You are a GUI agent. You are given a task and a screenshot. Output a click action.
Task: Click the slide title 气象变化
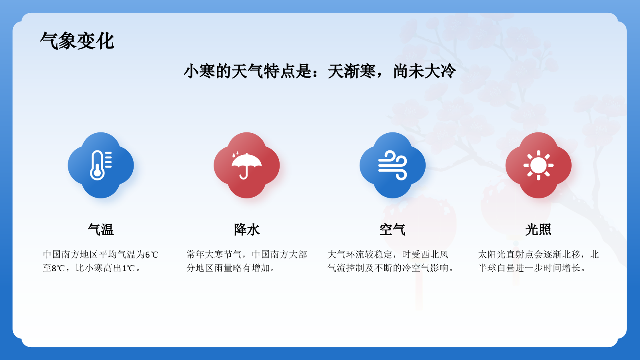tap(77, 41)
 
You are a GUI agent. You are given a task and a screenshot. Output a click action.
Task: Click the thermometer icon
tap(100, 165)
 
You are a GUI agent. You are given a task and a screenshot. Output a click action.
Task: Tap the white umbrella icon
tap(247, 166)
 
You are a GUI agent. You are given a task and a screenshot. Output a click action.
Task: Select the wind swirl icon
tap(392, 165)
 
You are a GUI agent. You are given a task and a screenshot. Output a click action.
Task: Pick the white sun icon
tap(538, 165)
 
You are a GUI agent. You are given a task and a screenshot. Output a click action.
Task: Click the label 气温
tap(101, 230)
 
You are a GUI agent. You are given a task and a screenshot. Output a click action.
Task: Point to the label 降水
tap(247, 230)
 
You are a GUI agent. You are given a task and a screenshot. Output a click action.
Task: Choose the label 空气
tap(392, 230)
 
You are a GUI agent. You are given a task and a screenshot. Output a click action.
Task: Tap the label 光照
tap(538, 230)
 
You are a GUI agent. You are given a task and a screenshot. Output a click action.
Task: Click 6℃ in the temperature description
tap(152, 255)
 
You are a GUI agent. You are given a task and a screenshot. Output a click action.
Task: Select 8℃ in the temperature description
tap(58, 268)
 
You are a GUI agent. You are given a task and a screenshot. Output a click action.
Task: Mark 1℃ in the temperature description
tap(128, 268)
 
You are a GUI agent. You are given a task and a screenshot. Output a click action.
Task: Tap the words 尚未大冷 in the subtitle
tap(424, 72)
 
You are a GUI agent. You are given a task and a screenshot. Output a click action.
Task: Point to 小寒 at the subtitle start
tap(200, 72)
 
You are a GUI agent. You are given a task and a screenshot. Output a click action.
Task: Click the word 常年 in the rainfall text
tap(196, 255)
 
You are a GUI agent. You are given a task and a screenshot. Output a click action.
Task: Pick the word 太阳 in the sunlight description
tap(487, 255)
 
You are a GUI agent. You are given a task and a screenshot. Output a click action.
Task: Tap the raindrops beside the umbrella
tap(236, 154)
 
